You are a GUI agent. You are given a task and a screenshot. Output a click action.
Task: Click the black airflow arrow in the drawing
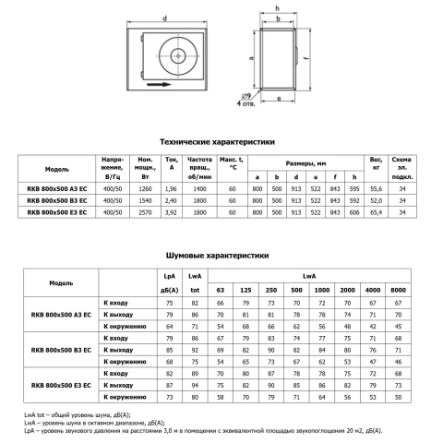(159, 84)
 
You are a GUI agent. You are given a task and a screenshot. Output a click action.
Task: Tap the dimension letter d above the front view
(165, 18)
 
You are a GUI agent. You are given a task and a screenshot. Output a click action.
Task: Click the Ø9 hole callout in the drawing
(246, 96)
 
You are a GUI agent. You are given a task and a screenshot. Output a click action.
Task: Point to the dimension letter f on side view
(307, 58)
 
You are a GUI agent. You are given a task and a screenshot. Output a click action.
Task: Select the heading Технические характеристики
(217, 142)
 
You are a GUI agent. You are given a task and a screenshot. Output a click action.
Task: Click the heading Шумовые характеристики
(217, 256)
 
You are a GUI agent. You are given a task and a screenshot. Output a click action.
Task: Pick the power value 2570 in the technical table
(145, 212)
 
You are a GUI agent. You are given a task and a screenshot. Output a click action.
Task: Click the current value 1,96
(171, 188)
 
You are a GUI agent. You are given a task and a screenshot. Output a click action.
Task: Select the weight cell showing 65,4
(376, 212)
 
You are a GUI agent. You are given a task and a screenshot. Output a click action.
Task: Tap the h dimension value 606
(354, 212)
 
